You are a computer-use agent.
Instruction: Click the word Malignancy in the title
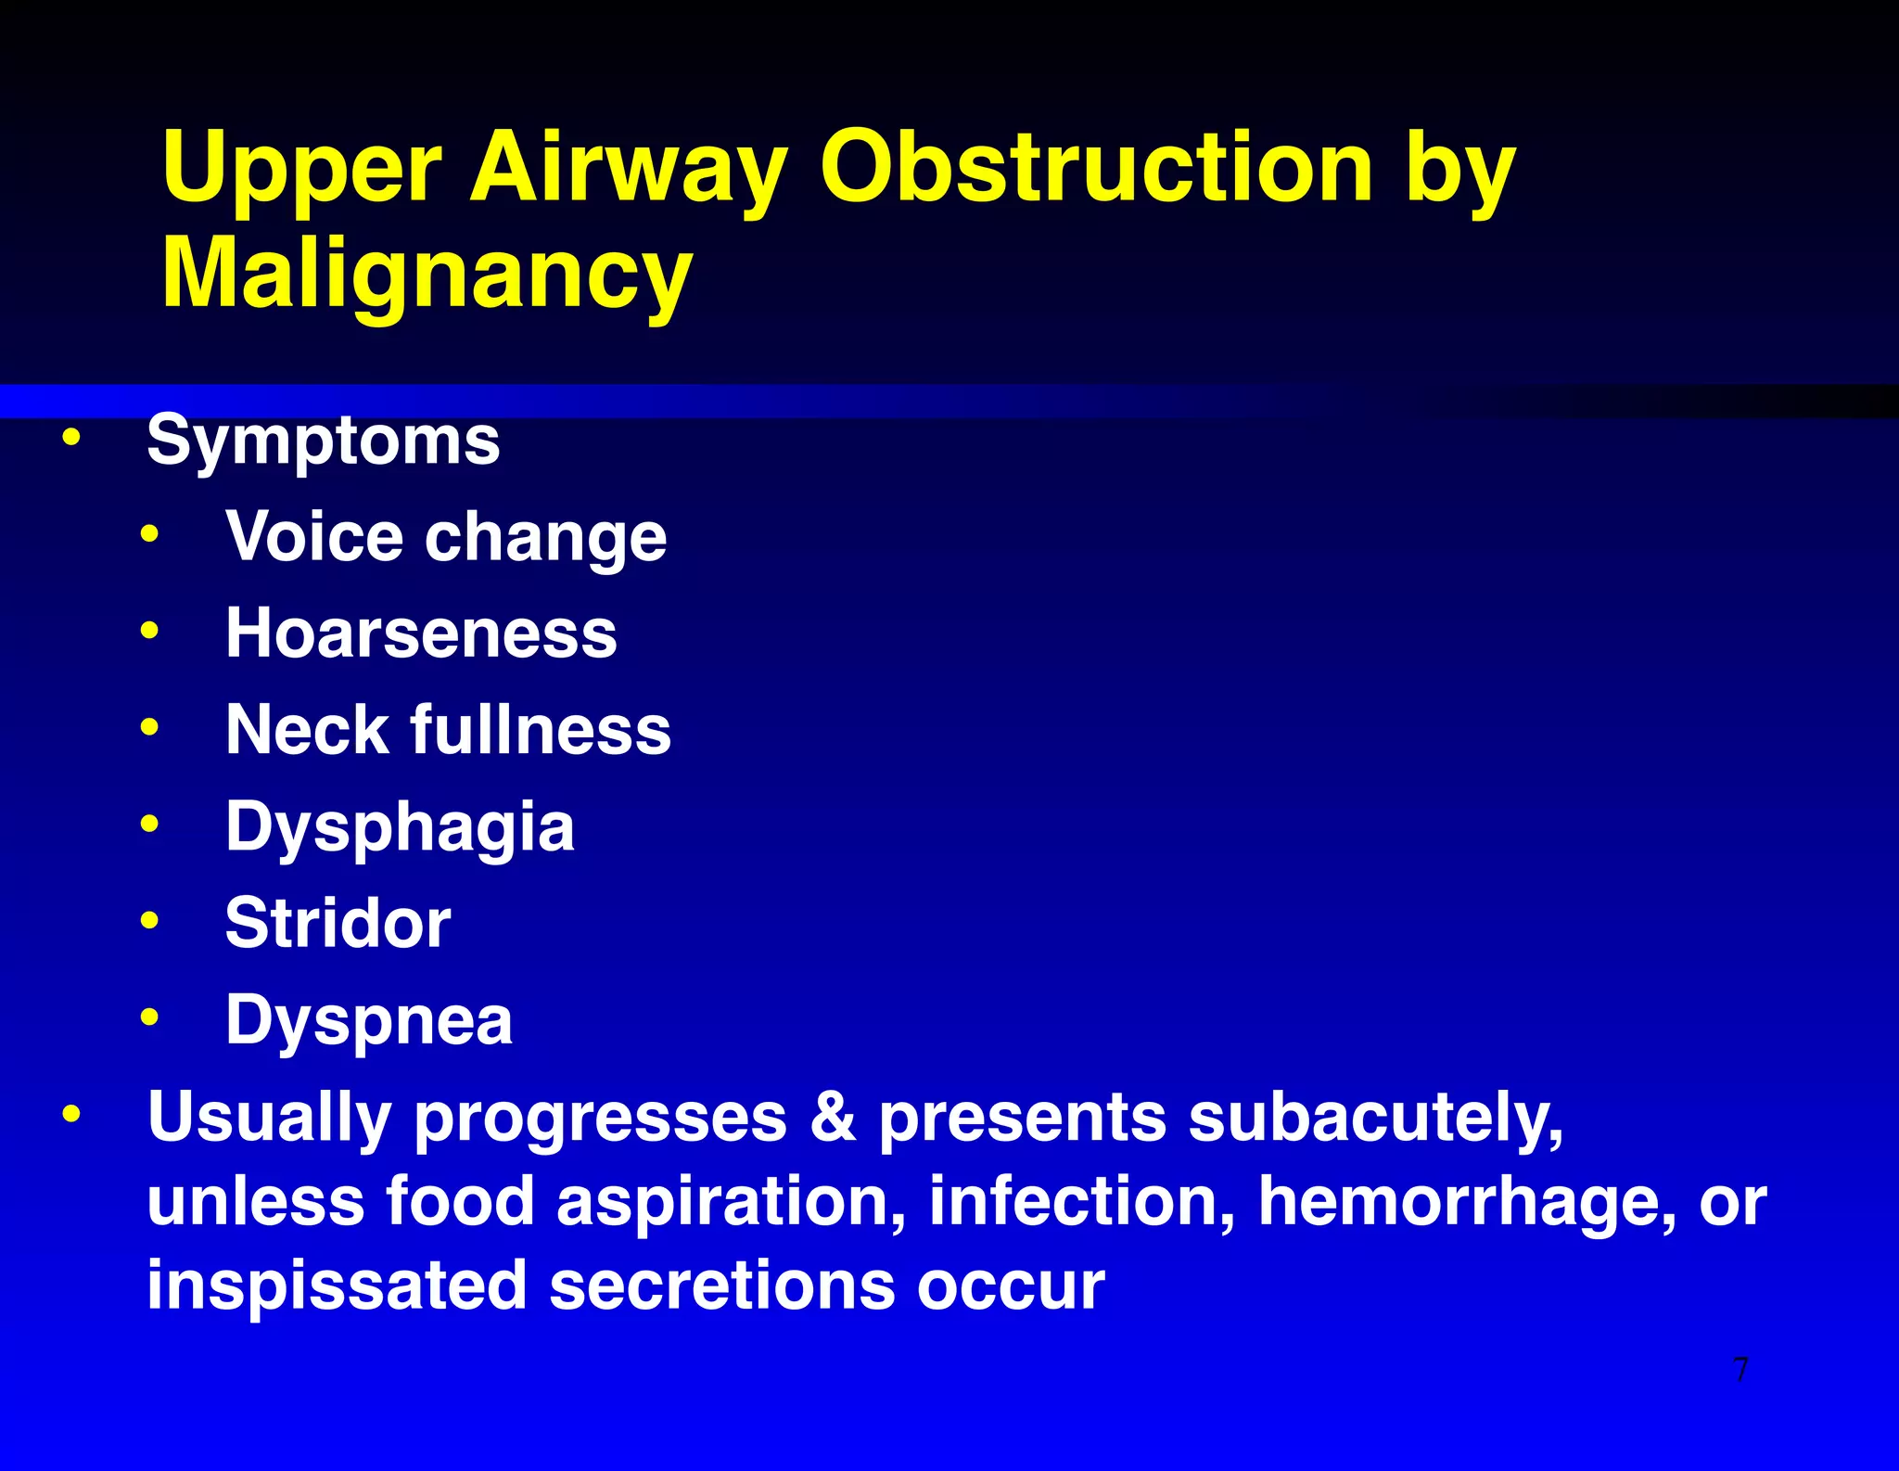tap(427, 273)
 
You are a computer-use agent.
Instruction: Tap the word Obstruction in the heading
tap(1095, 167)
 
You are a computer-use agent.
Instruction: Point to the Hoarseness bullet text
tap(421, 633)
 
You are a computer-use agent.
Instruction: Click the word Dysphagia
tap(400, 826)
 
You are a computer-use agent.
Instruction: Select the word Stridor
tap(338, 924)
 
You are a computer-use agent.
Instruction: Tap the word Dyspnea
tap(369, 1020)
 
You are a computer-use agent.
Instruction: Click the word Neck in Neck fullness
tap(307, 730)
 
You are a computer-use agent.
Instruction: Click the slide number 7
tap(1740, 1369)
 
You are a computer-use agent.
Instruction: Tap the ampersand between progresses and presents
tap(832, 1117)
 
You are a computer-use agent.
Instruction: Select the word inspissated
tap(337, 1286)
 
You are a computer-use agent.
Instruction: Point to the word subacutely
tap(1376, 1117)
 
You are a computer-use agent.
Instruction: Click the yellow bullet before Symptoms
tap(71, 436)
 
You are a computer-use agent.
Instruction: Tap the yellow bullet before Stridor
tap(149, 920)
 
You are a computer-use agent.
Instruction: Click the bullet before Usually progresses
tap(71, 1113)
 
